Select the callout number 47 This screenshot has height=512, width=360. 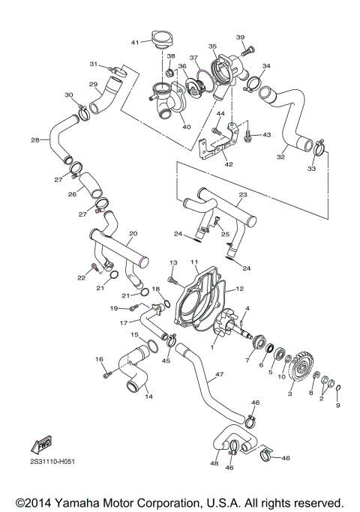(220, 373)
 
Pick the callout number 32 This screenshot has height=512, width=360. (281, 157)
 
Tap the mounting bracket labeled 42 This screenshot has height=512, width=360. (223, 149)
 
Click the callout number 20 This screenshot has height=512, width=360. (132, 233)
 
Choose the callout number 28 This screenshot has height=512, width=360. (35, 140)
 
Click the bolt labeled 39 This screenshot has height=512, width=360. (251, 49)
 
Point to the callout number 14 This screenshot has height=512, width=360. (148, 395)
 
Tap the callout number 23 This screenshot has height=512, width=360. (242, 194)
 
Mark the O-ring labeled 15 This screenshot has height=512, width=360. (152, 346)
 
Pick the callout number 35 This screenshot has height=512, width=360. (212, 46)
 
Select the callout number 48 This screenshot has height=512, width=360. (215, 464)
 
